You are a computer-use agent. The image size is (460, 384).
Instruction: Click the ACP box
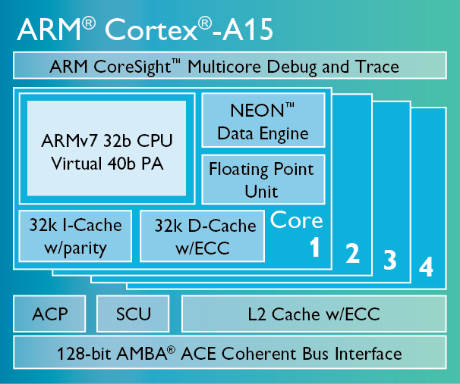tap(49, 314)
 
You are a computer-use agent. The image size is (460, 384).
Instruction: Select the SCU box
tap(133, 314)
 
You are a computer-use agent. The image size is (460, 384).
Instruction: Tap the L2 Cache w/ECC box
tap(314, 314)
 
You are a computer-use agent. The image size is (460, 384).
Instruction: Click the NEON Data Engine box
tap(263, 120)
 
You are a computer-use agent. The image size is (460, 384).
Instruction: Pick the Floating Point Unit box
tap(263, 180)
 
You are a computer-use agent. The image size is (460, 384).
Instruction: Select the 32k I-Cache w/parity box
tap(75, 236)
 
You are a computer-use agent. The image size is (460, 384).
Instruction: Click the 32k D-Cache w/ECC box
tap(203, 236)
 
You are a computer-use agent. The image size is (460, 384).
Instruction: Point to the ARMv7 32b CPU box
tap(107, 148)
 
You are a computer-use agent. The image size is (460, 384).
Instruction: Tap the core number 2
tap(352, 254)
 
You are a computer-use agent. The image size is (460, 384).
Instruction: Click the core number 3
tap(390, 260)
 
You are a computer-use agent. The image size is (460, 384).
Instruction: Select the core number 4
tap(426, 267)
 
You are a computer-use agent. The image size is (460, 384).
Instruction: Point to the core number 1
tap(315, 247)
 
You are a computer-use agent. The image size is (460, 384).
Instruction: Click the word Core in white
tap(296, 220)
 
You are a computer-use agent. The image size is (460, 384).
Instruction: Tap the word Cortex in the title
tap(152, 30)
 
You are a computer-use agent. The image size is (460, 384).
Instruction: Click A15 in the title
tap(248, 30)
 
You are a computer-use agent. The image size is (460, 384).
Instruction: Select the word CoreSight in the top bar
tap(132, 67)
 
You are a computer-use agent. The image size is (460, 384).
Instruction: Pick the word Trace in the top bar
tap(377, 67)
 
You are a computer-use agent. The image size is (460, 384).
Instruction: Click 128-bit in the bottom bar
tap(84, 354)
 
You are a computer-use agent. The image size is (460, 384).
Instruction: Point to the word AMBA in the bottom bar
tap(142, 354)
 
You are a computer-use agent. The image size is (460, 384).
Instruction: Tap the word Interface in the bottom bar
tap(368, 354)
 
